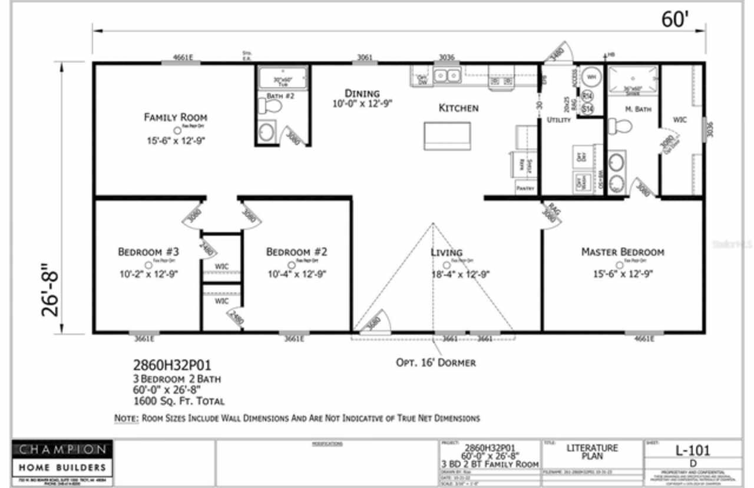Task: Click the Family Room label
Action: (x=176, y=117)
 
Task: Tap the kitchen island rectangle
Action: (x=447, y=136)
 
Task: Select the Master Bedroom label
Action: (x=623, y=252)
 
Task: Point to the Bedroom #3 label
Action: (x=148, y=252)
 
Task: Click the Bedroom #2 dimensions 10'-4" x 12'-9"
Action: (x=297, y=274)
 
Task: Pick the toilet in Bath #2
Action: (x=272, y=107)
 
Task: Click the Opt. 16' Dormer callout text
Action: (x=435, y=362)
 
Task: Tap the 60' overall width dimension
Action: (x=674, y=19)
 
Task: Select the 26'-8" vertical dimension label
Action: (x=52, y=293)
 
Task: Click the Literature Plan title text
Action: (x=592, y=452)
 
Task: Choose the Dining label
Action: (x=362, y=94)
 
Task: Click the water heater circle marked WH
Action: (x=590, y=77)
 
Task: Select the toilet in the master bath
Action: (x=620, y=126)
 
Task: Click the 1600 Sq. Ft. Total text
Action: (x=178, y=401)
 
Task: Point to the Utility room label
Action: (x=558, y=120)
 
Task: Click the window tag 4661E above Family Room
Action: (x=183, y=57)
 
